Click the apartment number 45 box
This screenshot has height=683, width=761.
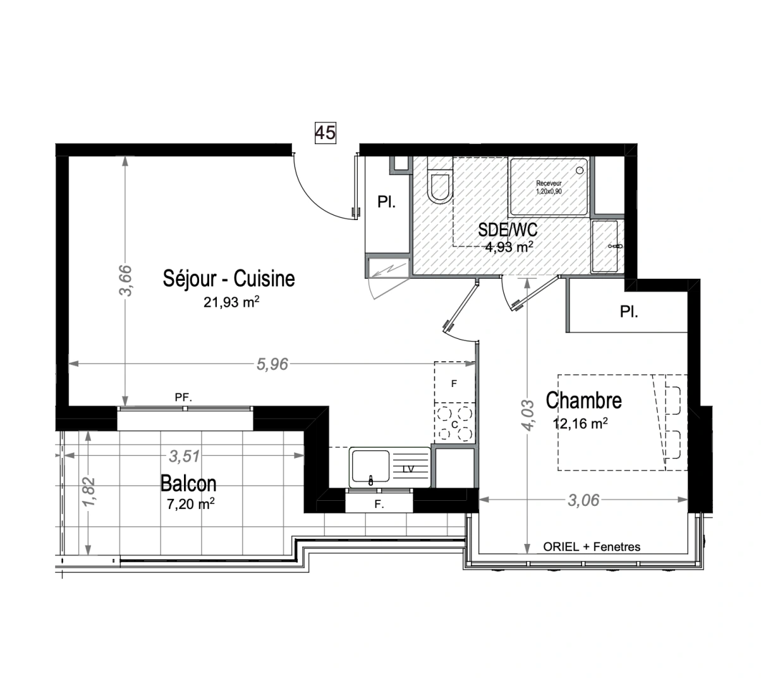click(326, 132)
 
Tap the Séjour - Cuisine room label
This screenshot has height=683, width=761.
click(229, 278)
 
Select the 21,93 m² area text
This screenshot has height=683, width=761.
click(231, 302)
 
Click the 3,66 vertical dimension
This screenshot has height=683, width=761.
click(126, 280)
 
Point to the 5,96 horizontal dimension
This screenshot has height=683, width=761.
click(272, 364)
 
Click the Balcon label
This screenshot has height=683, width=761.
click(188, 484)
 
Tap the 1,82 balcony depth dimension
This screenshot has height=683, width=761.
click(89, 491)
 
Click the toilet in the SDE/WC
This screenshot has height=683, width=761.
click(439, 184)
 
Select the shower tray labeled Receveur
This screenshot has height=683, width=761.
click(549, 186)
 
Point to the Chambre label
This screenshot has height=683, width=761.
click(583, 400)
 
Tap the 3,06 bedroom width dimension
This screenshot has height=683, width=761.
click(583, 500)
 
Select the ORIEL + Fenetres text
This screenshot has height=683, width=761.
click(592, 547)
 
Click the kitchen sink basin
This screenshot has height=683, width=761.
click(370, 469)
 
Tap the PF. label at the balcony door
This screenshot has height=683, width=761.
click(183, 398)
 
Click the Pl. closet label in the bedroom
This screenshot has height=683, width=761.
click(628, 312)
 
